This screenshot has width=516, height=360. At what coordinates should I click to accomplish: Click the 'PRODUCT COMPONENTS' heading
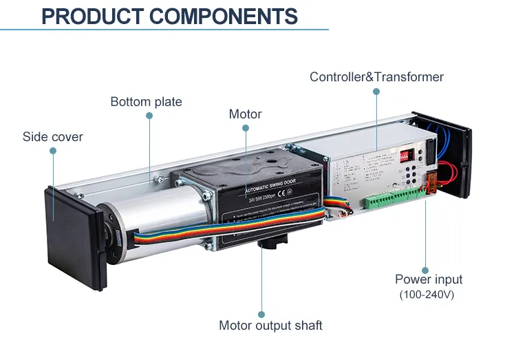click(x=169, y=16)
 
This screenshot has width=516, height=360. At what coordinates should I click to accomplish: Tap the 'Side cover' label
click(x=52, y=136)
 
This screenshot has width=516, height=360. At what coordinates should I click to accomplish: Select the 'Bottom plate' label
click(x=146, y=102)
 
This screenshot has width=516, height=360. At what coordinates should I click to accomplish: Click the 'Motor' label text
click(x=245, y=114)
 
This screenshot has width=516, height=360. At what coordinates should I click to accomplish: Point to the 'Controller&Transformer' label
click(x=376, y=76)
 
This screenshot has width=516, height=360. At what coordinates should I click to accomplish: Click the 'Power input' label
click(x=428, y=279)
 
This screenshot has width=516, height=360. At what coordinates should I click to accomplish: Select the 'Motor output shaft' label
click(x=270, y=325)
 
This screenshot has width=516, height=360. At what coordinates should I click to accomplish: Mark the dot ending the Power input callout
click(x=425, y=271)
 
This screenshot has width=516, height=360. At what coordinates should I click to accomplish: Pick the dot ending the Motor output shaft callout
click(x=261, y=315)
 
